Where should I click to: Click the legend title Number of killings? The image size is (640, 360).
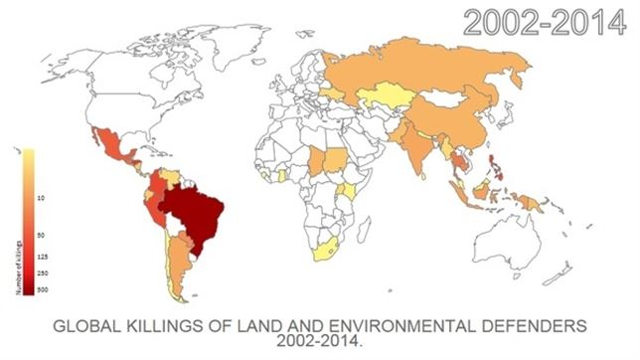[x=20, y=269]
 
